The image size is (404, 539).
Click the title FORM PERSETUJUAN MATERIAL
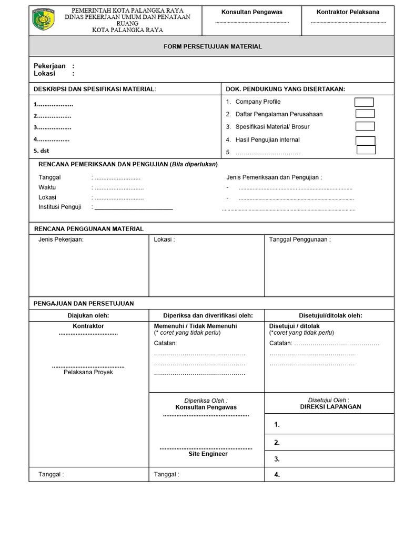[213, 47]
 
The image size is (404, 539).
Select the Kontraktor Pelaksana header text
[348, 12]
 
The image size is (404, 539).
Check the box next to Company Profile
[364, 102]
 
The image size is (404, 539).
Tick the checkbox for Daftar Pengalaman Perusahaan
[365, 114]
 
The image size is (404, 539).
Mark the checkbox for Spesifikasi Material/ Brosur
[365, 126]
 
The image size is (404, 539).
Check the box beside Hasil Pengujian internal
[365, 140]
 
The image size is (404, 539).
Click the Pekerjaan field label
[49, 66]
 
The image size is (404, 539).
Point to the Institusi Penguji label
[60, 207]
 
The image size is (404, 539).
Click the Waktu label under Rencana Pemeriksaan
[47, 187]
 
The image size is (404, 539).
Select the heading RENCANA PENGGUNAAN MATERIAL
[88, 229]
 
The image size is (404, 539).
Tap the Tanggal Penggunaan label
[300, 239]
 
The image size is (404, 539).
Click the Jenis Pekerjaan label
[61, 239]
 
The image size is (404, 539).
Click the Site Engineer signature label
[208, 454]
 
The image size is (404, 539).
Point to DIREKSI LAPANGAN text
[330, 407]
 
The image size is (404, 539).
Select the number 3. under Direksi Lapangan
[277, 459]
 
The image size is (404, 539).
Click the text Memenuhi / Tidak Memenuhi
[195, 326]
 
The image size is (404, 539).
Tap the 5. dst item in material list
[41, 151]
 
